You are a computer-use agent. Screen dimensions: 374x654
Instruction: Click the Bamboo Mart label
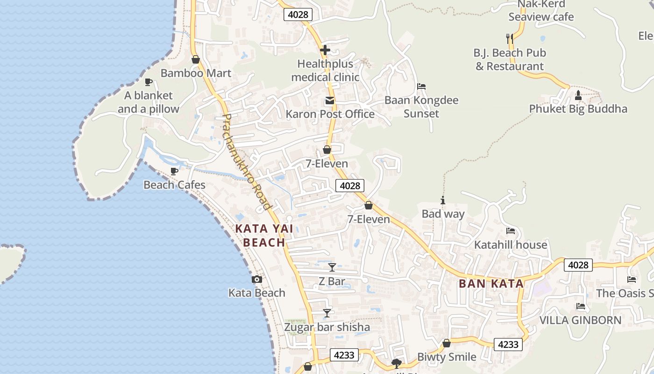click(196, 73)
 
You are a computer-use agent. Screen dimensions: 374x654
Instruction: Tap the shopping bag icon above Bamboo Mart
click(196, 59)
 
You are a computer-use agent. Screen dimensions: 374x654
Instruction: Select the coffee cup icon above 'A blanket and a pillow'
click(149, 82)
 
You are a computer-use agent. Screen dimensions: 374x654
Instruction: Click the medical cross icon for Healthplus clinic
click(325, 50)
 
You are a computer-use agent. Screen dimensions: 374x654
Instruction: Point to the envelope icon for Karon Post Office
click(330, 101)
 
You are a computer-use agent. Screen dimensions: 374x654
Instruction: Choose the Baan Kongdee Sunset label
click(421, 107)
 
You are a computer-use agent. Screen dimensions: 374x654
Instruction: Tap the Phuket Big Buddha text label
click(578, 109)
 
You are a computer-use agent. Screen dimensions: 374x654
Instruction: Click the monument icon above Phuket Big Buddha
click(578, 95)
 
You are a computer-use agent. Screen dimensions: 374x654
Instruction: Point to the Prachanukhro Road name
click(247, 162)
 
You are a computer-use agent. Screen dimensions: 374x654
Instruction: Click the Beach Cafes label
click(174, 185)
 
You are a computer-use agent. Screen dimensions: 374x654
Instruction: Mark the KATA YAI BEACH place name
click(264, 235)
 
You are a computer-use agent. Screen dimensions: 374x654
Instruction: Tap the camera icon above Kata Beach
click(256, 279)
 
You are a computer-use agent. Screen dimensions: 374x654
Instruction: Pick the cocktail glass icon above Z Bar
click(332, 267)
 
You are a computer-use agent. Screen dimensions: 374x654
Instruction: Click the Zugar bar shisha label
click(327, 327)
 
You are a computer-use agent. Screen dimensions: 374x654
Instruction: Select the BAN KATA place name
click(491, 283)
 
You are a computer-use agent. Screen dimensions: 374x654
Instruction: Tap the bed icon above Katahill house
click(511, 231)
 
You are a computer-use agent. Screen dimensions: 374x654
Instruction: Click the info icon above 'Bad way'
click(443, 201)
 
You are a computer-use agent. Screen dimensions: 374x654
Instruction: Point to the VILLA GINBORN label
click(580, 320)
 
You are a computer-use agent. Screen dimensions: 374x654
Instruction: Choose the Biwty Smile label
click(447, 357)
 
